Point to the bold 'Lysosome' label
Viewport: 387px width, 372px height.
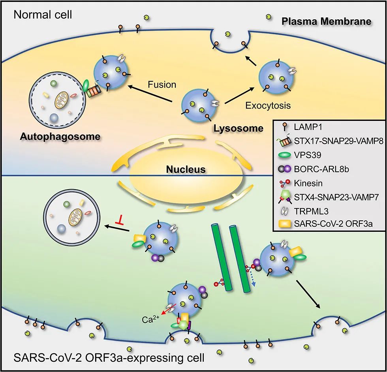coord(238,128)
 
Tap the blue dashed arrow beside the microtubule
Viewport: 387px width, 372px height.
coord(253,280)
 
